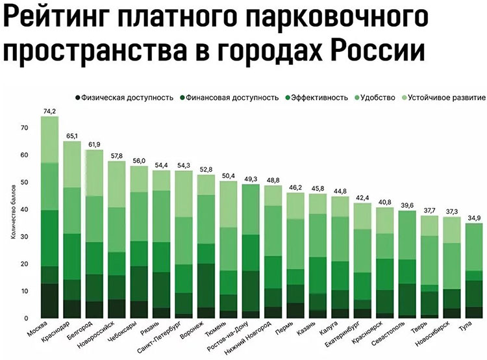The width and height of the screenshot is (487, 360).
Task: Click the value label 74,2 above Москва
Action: click(x=49, y=111)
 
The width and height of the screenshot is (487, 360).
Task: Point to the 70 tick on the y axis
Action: click(x=25, y=128)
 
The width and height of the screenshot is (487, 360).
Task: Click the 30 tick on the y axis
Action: click(x=25, y=237)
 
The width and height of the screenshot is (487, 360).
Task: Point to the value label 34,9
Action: click(x=474, y=218)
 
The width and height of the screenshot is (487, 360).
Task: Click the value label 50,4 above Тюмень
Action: click(x=228, y=176)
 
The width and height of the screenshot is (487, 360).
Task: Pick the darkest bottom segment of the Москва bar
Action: click(x=49, y=301)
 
